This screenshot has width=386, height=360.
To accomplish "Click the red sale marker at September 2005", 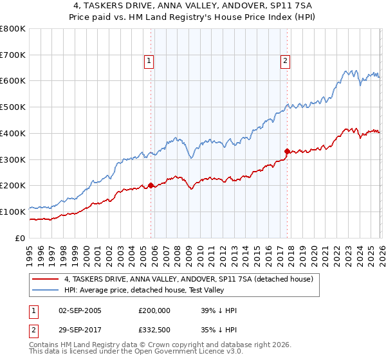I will pos(151,185).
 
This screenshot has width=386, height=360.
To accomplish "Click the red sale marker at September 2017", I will pos(287,151).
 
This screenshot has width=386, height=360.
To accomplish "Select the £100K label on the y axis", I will pos(13,212).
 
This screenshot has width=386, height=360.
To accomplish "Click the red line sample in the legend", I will pos(46,279).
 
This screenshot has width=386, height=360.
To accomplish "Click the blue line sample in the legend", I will pos(46,291).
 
